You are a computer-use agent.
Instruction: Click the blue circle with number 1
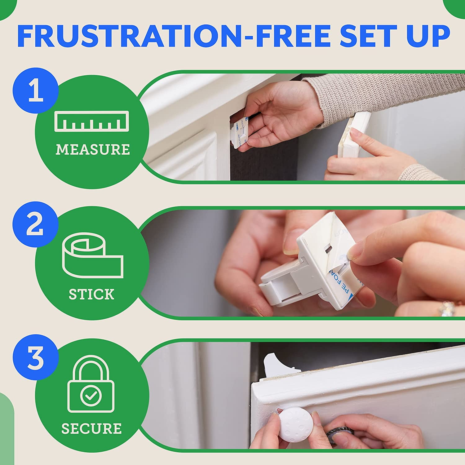35,91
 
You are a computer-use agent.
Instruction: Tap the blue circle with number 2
35,224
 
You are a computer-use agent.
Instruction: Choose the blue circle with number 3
35,357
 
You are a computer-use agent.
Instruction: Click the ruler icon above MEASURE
92,121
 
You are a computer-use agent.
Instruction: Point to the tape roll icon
92,257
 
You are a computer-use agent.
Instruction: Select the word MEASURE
93,150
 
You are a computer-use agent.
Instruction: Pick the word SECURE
91,429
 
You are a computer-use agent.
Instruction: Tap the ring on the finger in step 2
446,308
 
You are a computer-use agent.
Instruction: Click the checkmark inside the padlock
91,395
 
